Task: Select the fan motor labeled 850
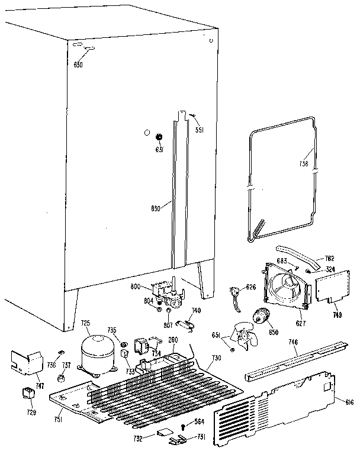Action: tap(259, 318)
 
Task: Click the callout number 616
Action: tap(349, 402)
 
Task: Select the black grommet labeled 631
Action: tap(159, 137)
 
